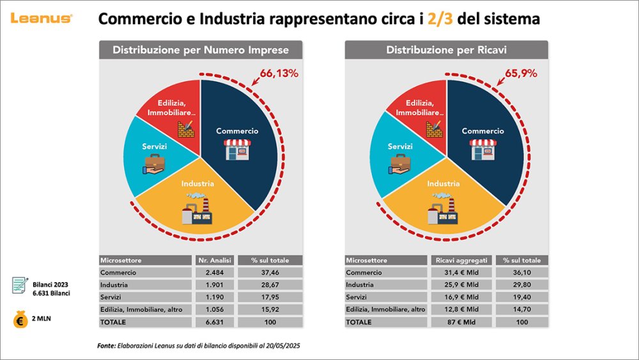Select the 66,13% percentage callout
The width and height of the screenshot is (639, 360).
point(279,73)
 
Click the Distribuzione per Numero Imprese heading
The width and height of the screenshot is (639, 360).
point(201,50)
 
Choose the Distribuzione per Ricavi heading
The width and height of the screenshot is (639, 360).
point(446,50)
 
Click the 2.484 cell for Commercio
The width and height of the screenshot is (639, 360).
point(215,272)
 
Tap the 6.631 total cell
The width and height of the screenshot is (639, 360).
point(215,322)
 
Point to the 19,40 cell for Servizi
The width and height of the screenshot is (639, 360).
point(521,297)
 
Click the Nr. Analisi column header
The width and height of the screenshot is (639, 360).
point(215,260)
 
